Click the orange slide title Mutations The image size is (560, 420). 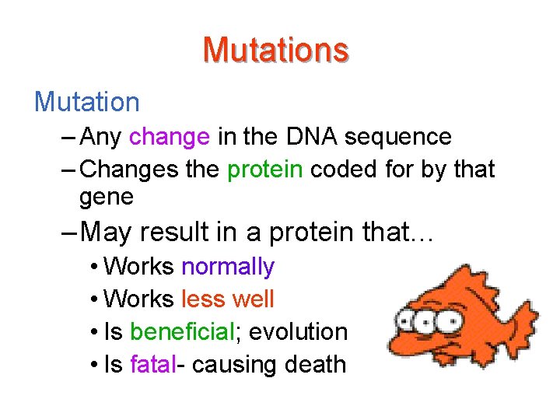pos(275,50)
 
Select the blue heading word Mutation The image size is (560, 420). pos(86,101)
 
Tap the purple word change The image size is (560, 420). pos(170,138)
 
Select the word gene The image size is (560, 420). pos(107,198)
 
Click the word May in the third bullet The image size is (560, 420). pos(106,232)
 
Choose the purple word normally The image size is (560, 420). pos(227,267)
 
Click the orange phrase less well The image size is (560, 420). pos(227,299)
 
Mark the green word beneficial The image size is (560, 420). pos(182,331)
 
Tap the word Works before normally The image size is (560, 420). pos(138,267)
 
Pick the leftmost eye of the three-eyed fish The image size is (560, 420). pos(406,320)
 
